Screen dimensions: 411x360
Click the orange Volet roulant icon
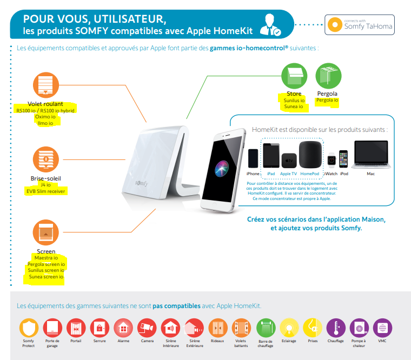[x=45, y=85]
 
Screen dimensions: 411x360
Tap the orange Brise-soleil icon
[x=46, y=159]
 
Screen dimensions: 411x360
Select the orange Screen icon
[x=46, y=232]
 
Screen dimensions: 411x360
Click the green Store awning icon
[x=294, y=76]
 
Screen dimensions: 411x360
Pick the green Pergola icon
[x=328, y=76]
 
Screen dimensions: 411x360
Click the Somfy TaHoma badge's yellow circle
[x=335, y=25]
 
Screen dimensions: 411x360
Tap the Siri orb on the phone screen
[x=222, y=168]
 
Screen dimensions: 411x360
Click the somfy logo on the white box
[x=142, y=183]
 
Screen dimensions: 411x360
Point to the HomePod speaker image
[x=310, y=155]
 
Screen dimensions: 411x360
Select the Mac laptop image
[x=371, y=155]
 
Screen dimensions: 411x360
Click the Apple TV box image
[x=289, y=161]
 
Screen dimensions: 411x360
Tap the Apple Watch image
[x=332, y=160]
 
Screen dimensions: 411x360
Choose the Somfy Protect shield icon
[x=29, y=328]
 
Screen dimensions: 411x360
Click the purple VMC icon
[x=383, y=328]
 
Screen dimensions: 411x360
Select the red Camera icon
[x=147, y=328]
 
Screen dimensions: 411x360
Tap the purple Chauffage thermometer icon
[x=336, y=328]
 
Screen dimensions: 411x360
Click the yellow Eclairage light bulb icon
[x=289, y=328]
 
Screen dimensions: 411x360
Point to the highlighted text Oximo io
[x=45, y=117]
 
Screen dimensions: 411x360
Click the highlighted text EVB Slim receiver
[x=46, y=191]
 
